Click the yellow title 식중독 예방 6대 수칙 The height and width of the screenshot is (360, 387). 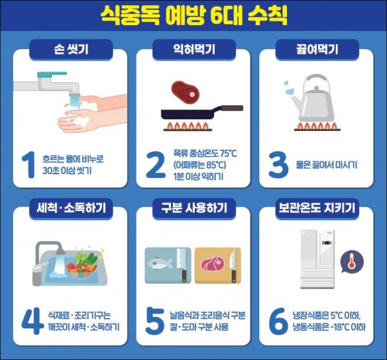point(194,15)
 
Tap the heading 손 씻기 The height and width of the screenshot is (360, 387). point(71,49)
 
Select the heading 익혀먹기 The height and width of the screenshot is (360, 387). point(194,49)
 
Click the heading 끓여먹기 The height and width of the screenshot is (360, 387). point(317,49)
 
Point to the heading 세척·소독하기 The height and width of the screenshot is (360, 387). point(71,208)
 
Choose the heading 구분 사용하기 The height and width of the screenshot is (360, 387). point(194,208)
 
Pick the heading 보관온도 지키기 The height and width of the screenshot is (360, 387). point(317,208)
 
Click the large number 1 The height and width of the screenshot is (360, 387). point(29,165)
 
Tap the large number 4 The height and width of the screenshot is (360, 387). point(32,321)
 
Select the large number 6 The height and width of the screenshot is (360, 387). point(278,321)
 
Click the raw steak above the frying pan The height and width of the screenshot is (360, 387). point(185,93)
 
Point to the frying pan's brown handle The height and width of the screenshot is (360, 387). point(232,108)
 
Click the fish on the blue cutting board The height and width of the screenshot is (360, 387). point(160,263)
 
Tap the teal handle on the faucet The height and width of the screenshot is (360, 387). point(52,74)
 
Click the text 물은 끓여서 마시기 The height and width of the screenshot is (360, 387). point(326,165)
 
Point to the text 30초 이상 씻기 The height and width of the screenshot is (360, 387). point(67,170)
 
